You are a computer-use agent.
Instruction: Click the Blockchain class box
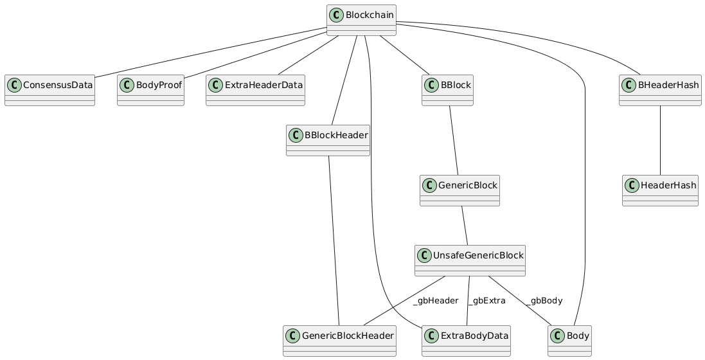point(361,20)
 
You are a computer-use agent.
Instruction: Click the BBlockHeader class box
point(328,141)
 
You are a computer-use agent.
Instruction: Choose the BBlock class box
point(448,91)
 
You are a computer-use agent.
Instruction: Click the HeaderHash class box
point(660,191)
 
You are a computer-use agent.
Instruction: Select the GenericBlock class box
point(460,191)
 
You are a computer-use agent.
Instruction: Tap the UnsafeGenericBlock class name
point(479,255)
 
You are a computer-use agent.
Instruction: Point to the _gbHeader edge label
point(436,301)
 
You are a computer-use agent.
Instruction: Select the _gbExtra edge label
point(486,301)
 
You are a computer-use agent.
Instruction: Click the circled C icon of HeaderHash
point(632,184)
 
